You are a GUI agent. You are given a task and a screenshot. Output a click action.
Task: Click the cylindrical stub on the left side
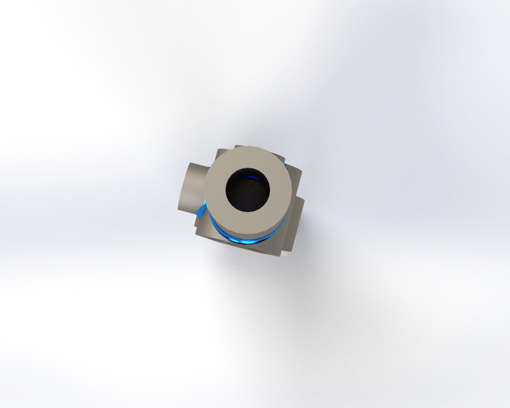click(190, 188)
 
